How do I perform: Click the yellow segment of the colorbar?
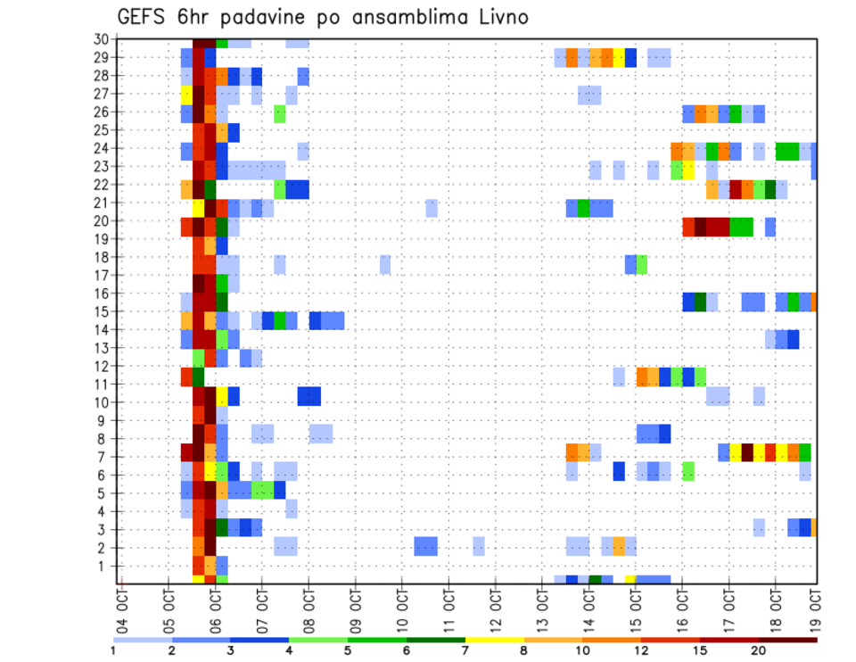(494, 639)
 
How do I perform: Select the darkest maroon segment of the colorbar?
(788, 639)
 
